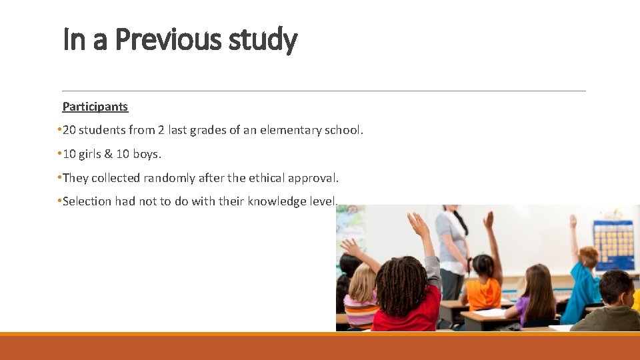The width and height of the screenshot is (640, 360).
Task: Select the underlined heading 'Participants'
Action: coord(95,106)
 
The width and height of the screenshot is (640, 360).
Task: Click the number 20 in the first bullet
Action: coord(69,130)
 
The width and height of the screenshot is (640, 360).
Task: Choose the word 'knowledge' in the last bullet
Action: coord(275,201)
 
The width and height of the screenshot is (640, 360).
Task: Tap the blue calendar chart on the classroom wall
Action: coord(614,244)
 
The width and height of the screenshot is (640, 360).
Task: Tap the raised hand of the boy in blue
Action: coord(573,221)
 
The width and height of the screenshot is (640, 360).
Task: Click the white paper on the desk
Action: coord(490,312)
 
